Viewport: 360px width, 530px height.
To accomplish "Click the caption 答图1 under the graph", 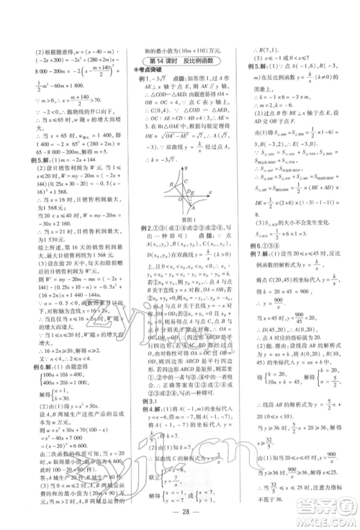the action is (x=179, y=217).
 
